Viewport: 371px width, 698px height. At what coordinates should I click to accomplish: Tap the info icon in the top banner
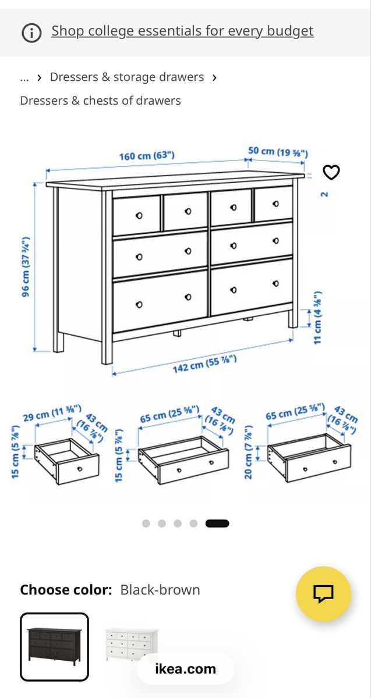tap(31, 33)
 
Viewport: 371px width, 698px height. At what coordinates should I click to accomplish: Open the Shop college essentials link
tap(182, 31)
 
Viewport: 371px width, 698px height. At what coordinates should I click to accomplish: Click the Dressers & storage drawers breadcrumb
tap(127, 77)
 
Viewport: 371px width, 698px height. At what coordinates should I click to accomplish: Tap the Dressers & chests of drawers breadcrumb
tap(101, 101)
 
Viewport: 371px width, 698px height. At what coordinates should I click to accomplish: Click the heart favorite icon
tap(331, 172)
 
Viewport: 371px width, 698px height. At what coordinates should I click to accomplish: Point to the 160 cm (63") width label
tap(147, 156)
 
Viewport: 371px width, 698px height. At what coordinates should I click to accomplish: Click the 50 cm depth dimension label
tap(278, 152)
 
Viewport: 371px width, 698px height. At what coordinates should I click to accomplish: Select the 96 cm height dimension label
tap(26, 267)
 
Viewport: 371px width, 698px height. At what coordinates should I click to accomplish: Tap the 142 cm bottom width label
tap(204, 364)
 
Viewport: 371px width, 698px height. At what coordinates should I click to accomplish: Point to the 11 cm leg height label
tap(317, 318)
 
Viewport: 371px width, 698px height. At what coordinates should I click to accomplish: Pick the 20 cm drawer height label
tap(248, 452)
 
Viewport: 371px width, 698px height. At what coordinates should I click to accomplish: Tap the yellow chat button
tap(324, 594)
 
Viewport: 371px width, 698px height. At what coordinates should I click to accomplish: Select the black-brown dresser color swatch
tap(55, 647)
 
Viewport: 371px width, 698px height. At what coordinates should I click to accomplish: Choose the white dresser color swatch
tap(132, 644)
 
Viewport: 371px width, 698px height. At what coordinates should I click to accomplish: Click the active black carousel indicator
tap(217, 523)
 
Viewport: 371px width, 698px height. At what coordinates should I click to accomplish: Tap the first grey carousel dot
tap(146, 523)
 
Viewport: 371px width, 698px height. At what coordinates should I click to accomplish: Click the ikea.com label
tap(186, 669)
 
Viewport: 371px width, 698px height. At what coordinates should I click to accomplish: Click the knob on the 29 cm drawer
tap(80, 469)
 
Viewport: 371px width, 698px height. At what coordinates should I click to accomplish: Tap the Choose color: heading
tap(66, 590)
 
